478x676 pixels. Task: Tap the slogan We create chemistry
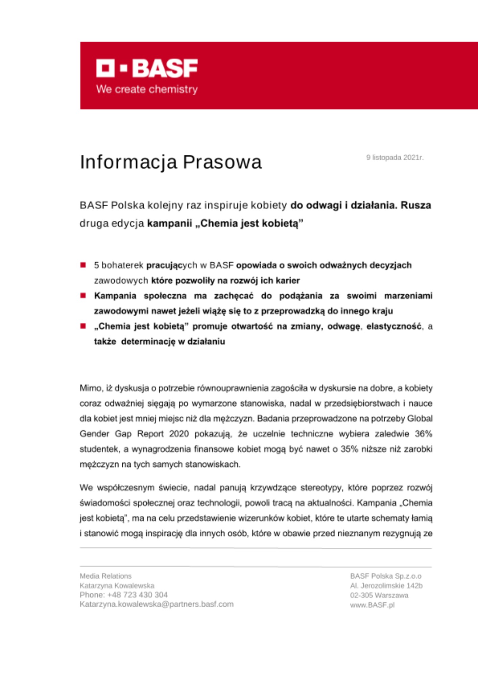click(x=147, y=89)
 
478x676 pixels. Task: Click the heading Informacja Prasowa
click(x=171, y=162)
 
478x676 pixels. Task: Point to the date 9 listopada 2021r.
click(x=395, y=158)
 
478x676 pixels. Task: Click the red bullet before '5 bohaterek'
click(x=83, y=265)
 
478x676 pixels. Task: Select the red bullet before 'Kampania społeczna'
click(x=83, y=296)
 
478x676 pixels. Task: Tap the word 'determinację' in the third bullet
click(x=148, y=341)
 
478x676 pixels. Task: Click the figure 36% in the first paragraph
click(x=424, y=434)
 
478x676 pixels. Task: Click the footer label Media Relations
click(x=105, y=576)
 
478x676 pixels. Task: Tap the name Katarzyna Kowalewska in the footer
click(x=117, y=585)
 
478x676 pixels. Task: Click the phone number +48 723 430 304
click(x=137, y=595)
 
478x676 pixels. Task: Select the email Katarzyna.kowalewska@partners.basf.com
click(x=157, y=604)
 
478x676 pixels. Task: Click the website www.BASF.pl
click(x=372, y=605)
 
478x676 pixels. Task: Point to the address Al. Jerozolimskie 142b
click(x=386, y=586)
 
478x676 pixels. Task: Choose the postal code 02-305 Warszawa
click(x=379, y=595)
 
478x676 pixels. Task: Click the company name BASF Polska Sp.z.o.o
click(x=386, y=576)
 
